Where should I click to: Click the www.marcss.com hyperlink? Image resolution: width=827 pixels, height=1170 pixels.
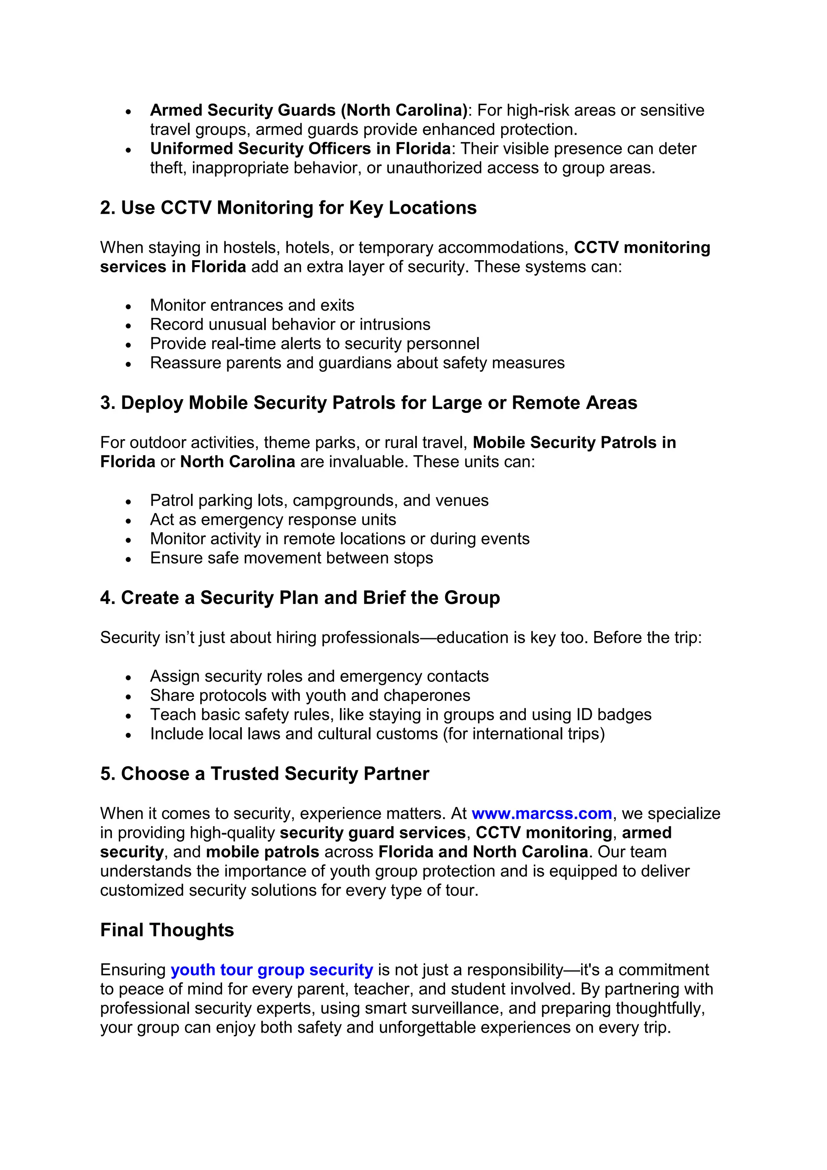point(542,813)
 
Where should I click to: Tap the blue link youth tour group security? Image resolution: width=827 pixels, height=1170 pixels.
point(271,970)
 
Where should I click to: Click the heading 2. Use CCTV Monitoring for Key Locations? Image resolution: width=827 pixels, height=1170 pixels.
point(288,208)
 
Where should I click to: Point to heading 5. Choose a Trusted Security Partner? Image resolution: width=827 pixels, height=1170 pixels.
point(264,774)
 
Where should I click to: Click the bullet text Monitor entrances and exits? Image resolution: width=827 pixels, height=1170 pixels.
point(252,305)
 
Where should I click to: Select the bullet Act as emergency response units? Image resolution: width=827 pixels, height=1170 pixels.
point(273,520)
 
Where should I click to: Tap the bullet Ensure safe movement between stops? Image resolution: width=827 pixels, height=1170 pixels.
point(291,558)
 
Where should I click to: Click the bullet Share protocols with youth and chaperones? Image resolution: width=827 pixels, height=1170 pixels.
point(310,696)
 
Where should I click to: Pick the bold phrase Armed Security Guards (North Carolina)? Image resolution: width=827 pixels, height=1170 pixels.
point(309,110)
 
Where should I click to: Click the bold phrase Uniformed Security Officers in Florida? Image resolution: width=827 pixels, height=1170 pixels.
point(300,149)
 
